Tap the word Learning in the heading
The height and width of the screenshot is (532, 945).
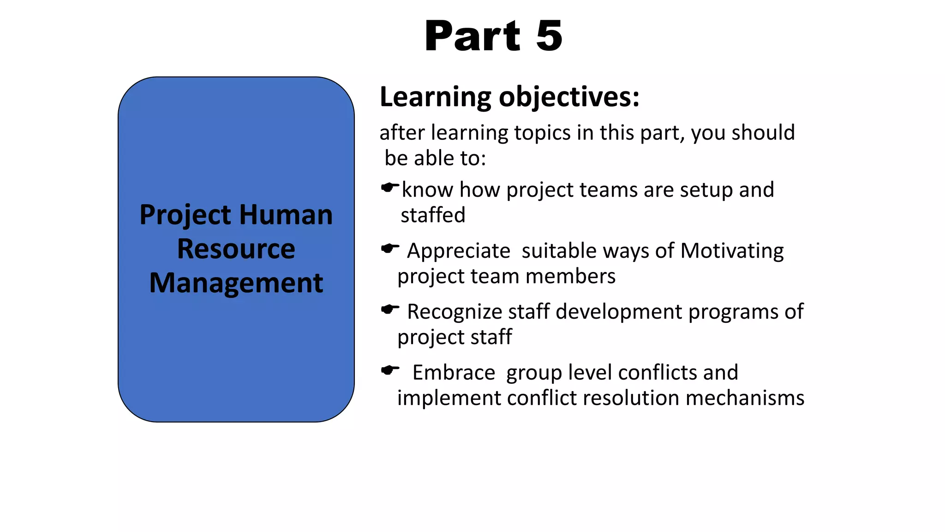point(435,97)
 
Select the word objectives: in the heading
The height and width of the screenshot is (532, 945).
point(569,97)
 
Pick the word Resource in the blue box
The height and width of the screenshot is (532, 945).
point(236,249)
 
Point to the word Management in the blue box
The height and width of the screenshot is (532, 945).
point(236,283)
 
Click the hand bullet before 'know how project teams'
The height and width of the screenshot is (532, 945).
point(389,187)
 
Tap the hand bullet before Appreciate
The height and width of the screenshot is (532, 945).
point(389,248)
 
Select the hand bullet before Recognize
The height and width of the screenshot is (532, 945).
point(389,309)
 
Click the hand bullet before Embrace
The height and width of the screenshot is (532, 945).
point(389,370)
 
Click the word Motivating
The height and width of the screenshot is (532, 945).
point(732,251)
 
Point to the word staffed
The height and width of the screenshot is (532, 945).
point(433,215)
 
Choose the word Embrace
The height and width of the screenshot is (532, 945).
point(454,372)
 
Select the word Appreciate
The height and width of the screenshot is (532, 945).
point(458,251)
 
